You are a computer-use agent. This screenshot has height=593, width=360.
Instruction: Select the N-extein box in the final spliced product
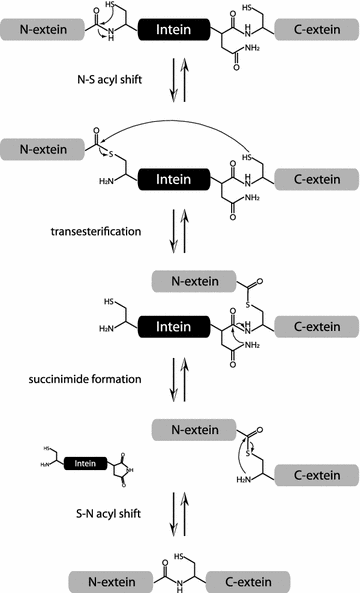point(107,579)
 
